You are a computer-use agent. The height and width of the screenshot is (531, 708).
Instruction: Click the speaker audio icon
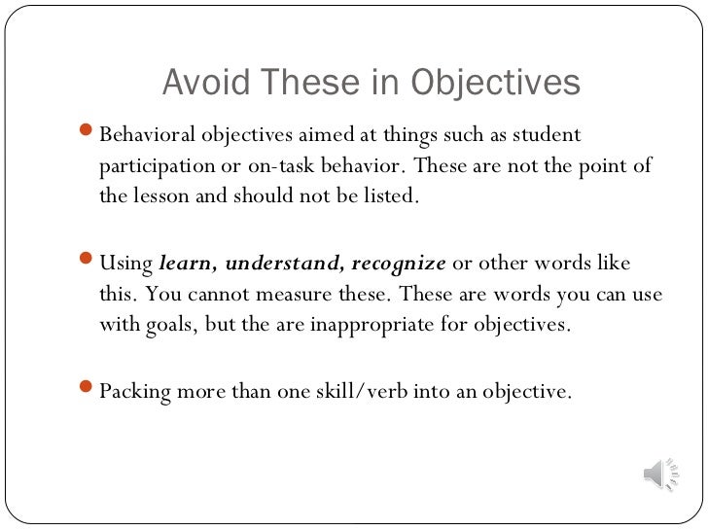(654, 474)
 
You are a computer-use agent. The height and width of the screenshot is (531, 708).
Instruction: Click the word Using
(126, 264)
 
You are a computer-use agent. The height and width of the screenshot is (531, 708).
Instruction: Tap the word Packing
(135, 392)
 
